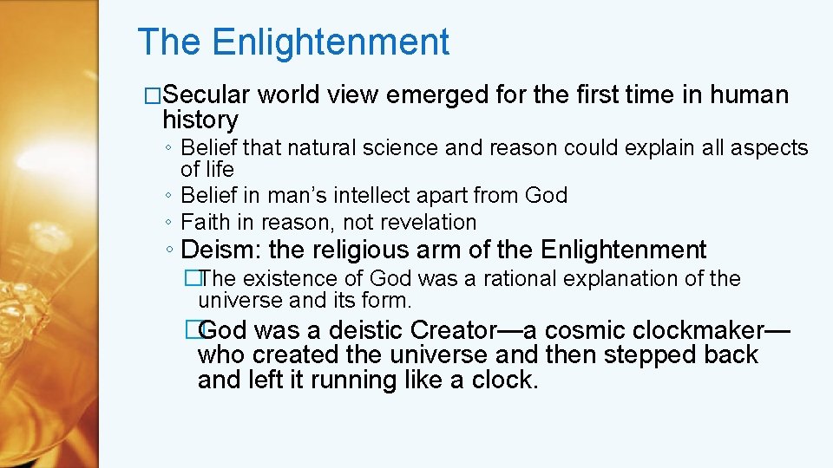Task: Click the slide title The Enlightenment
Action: click(293, 42)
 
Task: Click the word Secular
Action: click(207, 94)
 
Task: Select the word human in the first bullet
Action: click(750, 94)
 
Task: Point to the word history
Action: click(200, 120)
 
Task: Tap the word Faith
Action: click(204, 222)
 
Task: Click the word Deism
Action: click(221, 250)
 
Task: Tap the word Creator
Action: click(459, 330)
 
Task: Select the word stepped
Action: click(643, 354)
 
